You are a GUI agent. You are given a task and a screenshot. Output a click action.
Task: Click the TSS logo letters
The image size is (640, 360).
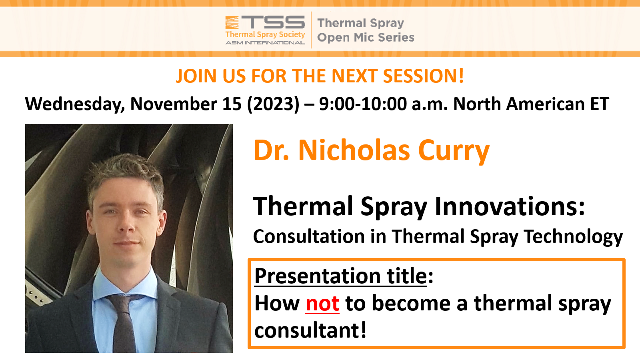point(273,22)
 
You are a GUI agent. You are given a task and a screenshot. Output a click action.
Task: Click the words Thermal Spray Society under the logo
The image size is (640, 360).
point(265,34)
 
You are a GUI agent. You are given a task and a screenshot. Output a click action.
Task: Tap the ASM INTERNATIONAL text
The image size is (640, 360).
point(265,43)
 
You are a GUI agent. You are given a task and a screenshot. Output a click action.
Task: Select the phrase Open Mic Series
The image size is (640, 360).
point(366,38)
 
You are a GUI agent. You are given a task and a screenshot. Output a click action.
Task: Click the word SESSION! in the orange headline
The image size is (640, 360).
point(423,76)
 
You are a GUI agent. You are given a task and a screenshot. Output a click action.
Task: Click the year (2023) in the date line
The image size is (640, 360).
point(274,104)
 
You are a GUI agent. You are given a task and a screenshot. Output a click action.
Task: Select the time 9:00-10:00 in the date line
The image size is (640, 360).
point(363,104)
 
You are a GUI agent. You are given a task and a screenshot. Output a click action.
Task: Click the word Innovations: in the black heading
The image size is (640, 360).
point(510,206)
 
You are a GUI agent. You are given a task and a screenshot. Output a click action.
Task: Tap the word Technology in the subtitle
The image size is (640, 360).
point(573,237)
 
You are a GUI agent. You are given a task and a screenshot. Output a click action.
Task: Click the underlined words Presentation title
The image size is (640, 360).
point(340,276)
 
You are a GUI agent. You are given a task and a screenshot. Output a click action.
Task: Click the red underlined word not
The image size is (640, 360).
point(322,304)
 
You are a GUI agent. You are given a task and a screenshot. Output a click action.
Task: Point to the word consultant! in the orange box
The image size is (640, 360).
point(310,330)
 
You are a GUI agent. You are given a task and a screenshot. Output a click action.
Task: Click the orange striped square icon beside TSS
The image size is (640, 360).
point(232,22)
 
